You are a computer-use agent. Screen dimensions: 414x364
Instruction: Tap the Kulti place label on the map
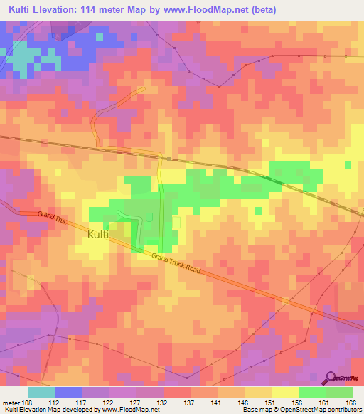point(100,234)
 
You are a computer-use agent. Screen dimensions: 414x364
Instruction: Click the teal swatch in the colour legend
point(42,393)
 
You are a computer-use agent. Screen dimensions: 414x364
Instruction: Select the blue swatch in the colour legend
point(68,393)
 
